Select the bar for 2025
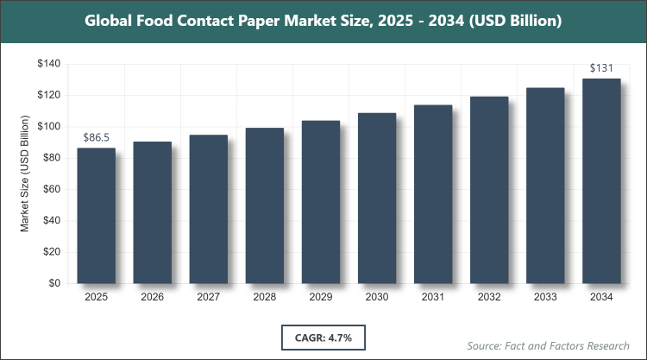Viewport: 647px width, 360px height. click(97, 216)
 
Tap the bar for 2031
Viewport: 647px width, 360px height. click(433, 194)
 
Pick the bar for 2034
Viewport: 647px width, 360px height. click(601, 180)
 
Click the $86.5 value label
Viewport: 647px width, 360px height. click(97, 137)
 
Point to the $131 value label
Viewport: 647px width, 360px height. click(601, 67)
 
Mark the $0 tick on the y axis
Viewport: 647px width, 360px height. click(53, 283)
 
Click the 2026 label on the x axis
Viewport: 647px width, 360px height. click(153, 298)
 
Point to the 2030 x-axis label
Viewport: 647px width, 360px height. click(377, 298)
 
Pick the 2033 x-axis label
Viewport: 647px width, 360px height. click(545, 298)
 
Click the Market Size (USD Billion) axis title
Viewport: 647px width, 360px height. click(26, 174)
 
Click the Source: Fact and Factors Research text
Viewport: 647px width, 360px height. click(548, 345)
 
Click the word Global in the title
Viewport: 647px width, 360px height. click(111, 20)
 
